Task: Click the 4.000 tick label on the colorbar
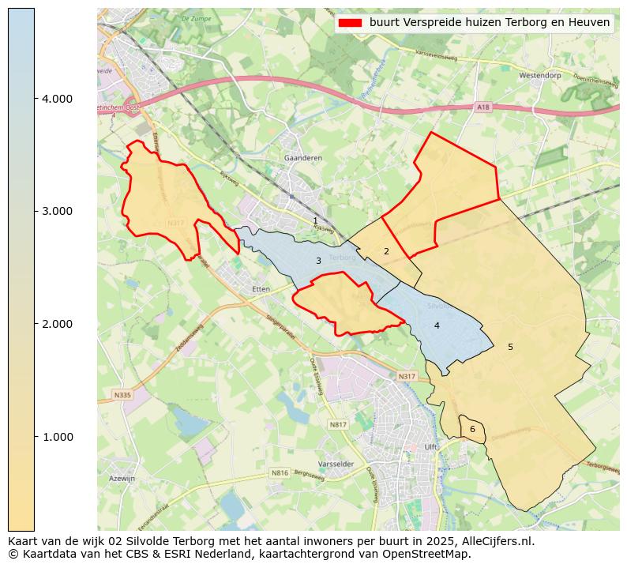pyautogui.click(x=56, y=99)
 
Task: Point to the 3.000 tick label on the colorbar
pyautogui.click(x=56, y=211)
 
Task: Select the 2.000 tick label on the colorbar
pyautogui.click(x=56, y=324)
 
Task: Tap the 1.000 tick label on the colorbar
pyautogui.click(x=56, y=437)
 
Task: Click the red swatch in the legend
pyautogui.click(x=349, y=23)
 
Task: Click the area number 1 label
pyautogui.click(x=315, y=221)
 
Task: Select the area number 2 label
pyautogui.click(x=386, y=252)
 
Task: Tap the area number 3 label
pyautogui.click(x=318, y=261)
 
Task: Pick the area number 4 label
pyautogui.click(x=437, y=325)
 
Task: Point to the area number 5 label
pyautogui.click(x=510, y=347)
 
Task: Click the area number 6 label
pyautogui.click(x=472, y=430)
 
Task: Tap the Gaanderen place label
pyautogui.click(x=303, y=158)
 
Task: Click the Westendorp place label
pyautogui.click(x=540, y=76)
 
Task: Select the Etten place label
pyautogui.click(x=261, y=289)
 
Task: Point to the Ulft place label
pyautogui.click(x=431, y=447)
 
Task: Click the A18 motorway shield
pyautogui.click(x=483, y=107)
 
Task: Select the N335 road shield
pyautogui.click(x=122, y=395)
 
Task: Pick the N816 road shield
pyautogui.click(x=280, y=473)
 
